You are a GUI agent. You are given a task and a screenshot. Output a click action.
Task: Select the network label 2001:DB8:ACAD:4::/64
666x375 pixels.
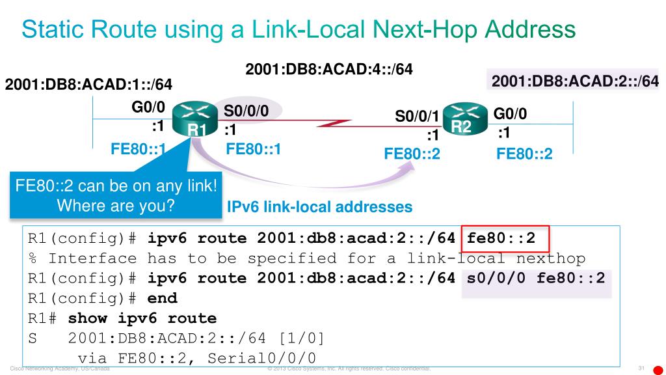[329, 68]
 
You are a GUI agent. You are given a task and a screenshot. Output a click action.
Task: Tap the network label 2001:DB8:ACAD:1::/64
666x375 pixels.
[88, 85]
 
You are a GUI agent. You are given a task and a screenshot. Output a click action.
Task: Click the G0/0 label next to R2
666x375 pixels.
[511, 114]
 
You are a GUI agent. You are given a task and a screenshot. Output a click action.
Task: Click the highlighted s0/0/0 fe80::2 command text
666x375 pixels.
[536, 279]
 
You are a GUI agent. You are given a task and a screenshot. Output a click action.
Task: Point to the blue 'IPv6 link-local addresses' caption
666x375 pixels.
[319, 207]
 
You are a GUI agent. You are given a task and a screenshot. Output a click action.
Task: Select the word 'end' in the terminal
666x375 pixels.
[162, 299]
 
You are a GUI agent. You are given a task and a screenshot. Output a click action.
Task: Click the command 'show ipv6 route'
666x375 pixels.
[142, 318]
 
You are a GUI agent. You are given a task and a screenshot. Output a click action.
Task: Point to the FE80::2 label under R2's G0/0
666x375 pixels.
[524, 154]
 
